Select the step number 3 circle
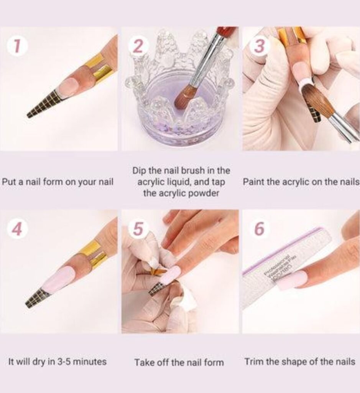point(260,46)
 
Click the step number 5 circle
point(138,229)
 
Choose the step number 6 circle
point(260,229)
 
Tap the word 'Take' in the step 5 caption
point(143,362)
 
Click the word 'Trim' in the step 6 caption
point(253,362)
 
